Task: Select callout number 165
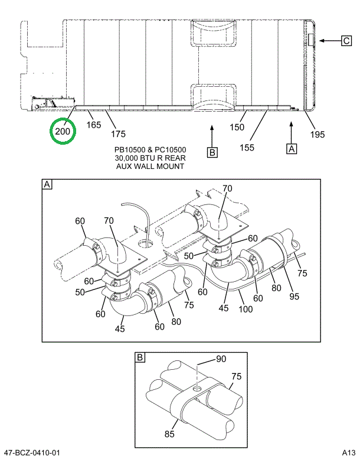tap(94, 125)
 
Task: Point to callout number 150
tap(237, 126)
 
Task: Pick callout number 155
tap(247, 147)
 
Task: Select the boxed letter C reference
tap(347, 40)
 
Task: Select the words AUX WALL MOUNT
tap(150, 166)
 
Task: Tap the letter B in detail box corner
tap(140, 358)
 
